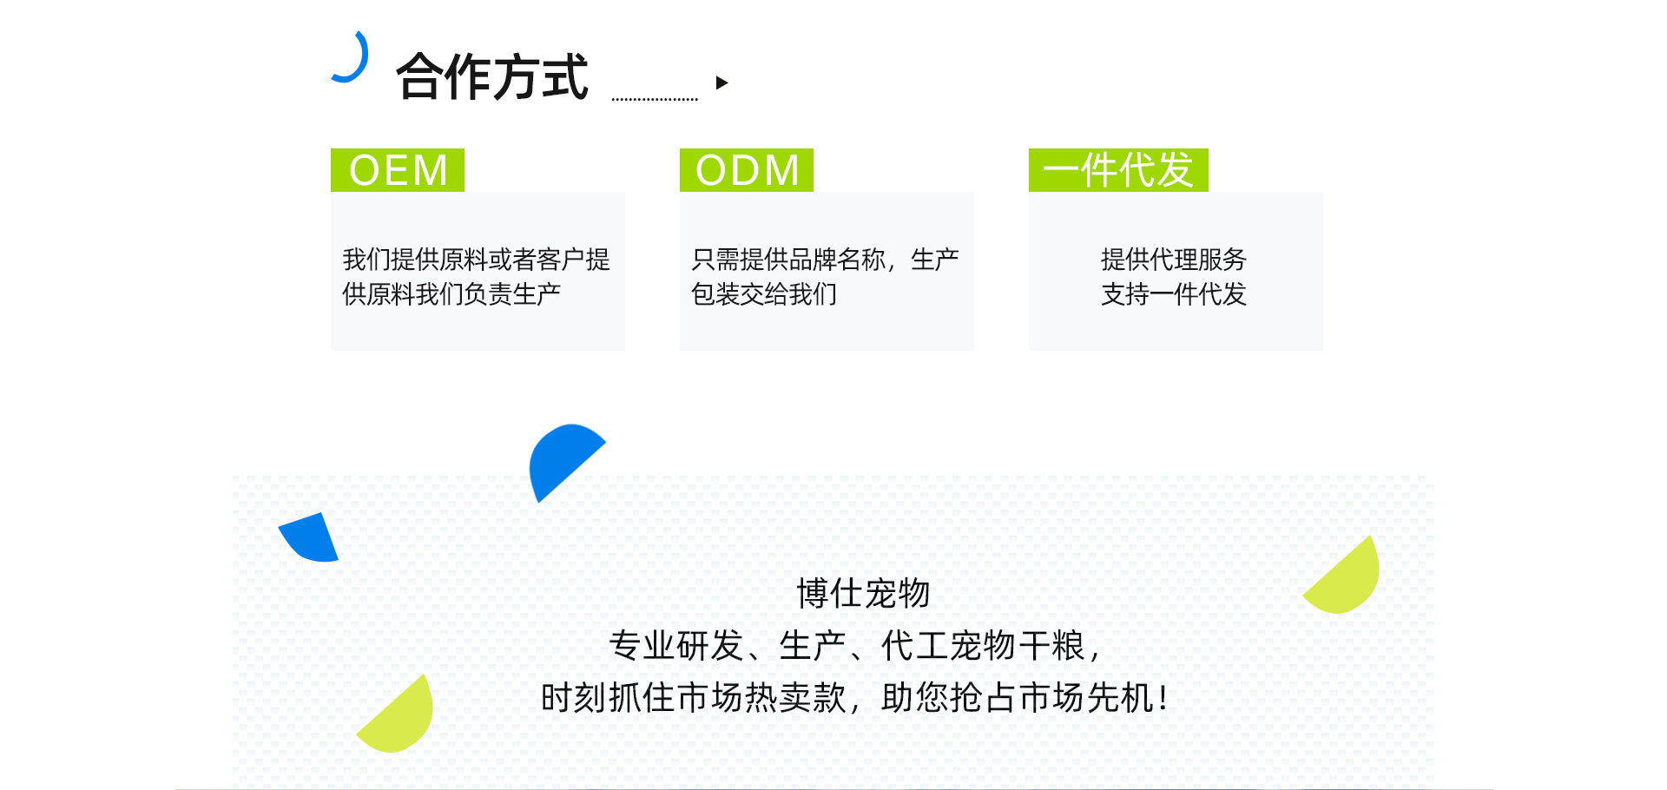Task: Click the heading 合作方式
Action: tap(492, 76)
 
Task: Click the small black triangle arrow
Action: tap(721, 82)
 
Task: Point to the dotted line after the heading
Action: tap(655, 99)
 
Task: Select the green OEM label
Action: tap(398, 170)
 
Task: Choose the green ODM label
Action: tap(747, 170)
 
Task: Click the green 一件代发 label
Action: tap(1118, 170)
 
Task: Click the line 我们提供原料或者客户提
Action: tap(477, 259)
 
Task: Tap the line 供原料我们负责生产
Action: tap(451, 293)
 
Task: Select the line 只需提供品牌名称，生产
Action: tap(825, 259)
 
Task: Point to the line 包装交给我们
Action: tap(764, 293)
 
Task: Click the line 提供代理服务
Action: tap(1174, 259)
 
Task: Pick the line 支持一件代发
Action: tap(1174, 293)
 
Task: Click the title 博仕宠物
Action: tap(864, 593)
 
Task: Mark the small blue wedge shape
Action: tap(311, 538)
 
